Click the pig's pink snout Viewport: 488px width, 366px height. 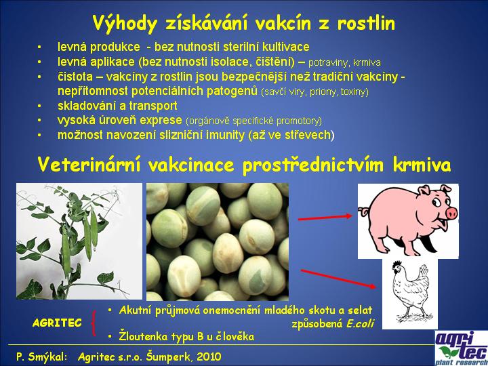451,213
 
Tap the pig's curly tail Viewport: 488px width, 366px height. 363,212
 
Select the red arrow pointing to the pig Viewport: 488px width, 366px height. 325,218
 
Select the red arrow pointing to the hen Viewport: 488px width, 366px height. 338,279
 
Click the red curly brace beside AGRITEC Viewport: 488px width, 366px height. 93,323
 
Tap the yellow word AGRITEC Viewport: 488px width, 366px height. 57,323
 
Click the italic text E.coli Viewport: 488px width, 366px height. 360,323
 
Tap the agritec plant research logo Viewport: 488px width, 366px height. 462,348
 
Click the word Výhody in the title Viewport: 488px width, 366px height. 124,24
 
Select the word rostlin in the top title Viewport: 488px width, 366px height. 366,23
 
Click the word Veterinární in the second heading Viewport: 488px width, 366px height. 89,164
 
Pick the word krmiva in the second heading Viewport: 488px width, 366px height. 422,164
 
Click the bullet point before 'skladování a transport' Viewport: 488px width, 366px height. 39,106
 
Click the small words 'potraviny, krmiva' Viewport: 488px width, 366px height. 344,63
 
